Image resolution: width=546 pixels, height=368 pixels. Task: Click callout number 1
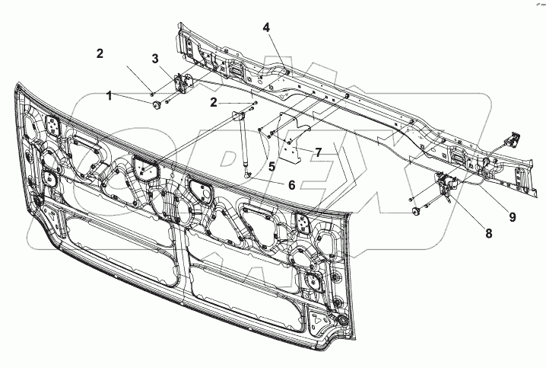pos(110,96)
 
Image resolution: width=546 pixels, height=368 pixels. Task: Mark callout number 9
pos(512,216)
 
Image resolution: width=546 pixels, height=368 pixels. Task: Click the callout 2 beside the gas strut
pos(214,101)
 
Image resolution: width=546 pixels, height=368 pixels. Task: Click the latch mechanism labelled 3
pos(183,82)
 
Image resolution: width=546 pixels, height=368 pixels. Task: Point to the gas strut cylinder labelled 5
pos(245,145)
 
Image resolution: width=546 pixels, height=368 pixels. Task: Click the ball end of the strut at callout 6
pos(249,174)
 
